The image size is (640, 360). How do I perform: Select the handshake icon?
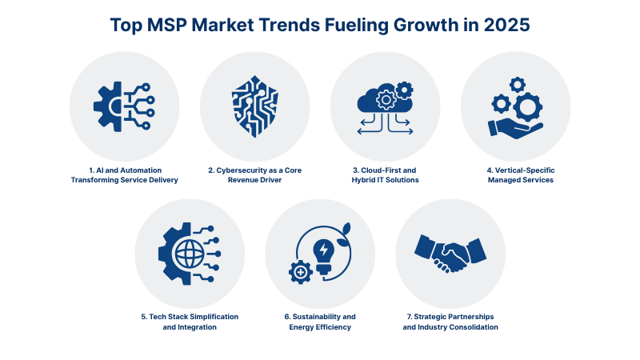click(450, 254)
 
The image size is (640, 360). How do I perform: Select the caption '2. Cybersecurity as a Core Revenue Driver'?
click(254, 174)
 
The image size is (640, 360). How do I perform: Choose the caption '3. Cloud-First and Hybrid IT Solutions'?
click(385, 174)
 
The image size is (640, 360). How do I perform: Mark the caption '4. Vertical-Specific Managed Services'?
click(515, 174)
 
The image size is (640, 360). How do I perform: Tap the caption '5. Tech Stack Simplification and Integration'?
click(190, 322)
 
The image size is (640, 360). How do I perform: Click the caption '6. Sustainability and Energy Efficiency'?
click(320, 322)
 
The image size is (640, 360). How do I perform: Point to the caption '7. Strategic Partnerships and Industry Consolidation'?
click(450, 322)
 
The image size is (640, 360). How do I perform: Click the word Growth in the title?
click(423, 25)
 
